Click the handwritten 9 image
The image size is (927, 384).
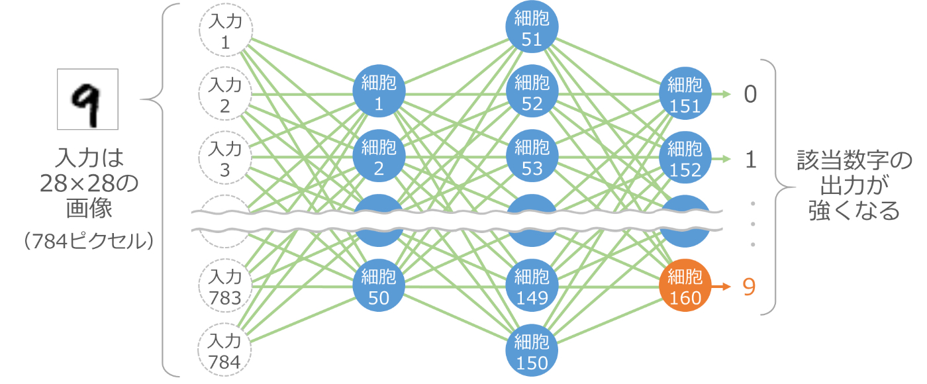coord(88,99)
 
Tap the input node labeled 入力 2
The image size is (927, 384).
coord(225,95)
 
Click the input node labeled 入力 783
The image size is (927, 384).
coord(225,287)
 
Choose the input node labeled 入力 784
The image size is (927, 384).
coord(225,351)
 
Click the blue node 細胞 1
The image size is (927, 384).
coord(379,93)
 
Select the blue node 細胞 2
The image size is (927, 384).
coord(379,157)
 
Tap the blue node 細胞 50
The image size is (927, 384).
coord(379,287)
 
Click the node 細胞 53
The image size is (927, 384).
coord(532,157)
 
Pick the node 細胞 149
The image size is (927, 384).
coord(532,287)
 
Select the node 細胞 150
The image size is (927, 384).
coord(532,352)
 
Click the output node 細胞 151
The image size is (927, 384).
coord(685,95)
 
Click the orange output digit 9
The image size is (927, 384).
coord(749,287)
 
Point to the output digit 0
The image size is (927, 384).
coord(750,95)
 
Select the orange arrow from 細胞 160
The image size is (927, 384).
coord(720,287)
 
